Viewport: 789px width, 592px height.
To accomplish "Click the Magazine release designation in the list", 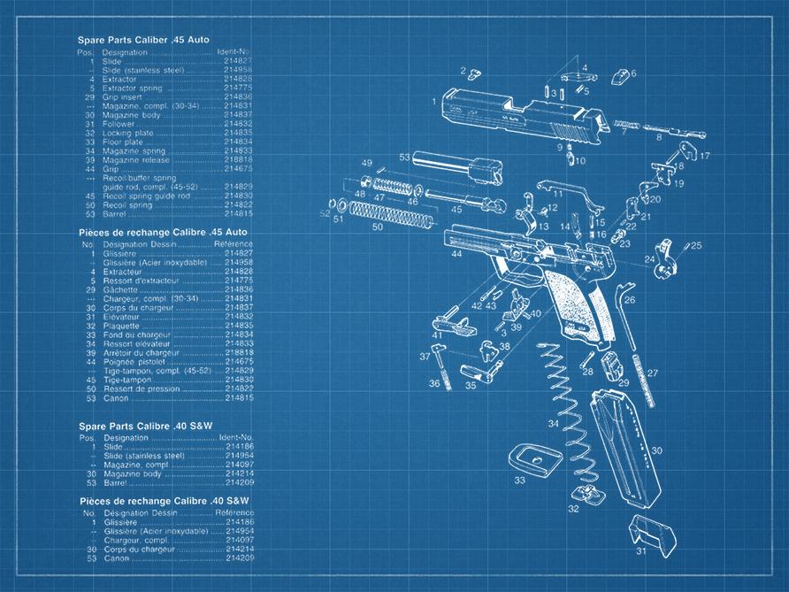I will pyautogui.click(x=134, y=159).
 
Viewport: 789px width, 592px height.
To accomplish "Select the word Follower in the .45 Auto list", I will pyautogui.click(x=119, y=124).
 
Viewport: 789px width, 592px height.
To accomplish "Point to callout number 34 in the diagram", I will pyautogui.click(x=553, y=424).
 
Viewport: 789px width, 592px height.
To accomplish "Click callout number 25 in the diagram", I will pyautogui.click(x=696, y=245).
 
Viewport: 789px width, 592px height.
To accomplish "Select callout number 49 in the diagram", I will pyautogui.click(x=366, y=163).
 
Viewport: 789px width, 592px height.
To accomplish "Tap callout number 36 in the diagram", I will pyautogui.click(x=434, y=384).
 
